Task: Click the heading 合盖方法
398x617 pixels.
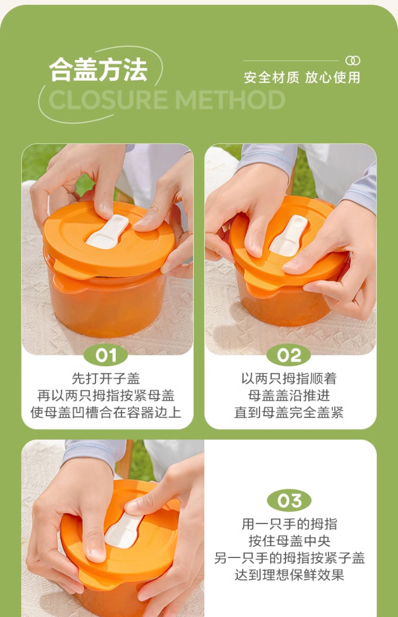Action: [98, 70]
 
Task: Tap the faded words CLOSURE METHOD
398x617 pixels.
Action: [167, 100]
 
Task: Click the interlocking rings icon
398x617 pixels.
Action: [353, 61]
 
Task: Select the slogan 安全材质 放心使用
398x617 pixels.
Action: [302, 78]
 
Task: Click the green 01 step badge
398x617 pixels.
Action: [106, 355]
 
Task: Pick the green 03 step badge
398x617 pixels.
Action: [289, 501]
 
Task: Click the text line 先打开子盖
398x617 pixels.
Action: [106, 379]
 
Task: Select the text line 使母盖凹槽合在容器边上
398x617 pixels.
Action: [106, 412]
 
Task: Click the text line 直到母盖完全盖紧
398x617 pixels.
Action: [289, 412]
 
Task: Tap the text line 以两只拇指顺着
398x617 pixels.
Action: [289, 379]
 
